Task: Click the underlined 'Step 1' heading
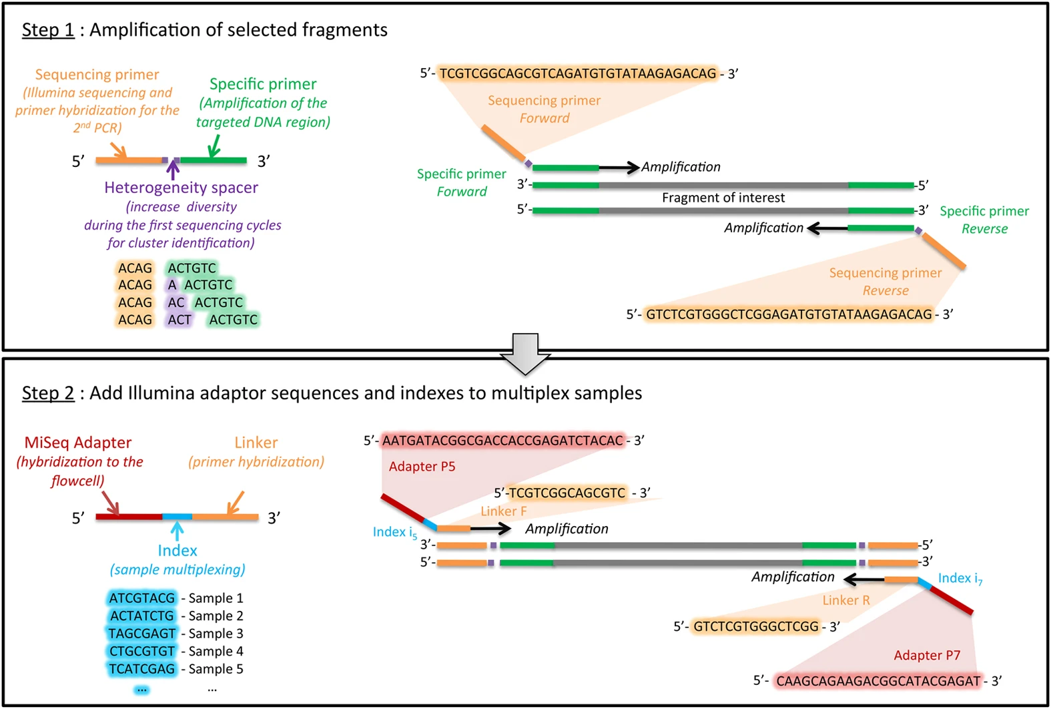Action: tap(48, 30)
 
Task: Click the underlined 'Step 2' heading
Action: tap(48, 393)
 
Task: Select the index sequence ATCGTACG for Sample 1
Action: tap(142, 598)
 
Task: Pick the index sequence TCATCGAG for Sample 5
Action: tap(142, 669)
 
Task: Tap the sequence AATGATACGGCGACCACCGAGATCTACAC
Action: tap(502, 441)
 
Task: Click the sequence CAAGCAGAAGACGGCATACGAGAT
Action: tap(878, 681)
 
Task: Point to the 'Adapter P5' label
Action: tap(422, 467)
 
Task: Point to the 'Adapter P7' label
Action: tap(927, 656)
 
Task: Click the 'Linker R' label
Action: tap(846, 600)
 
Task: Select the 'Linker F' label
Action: tap(504, 511)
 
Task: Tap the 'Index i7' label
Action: tap(960, 578)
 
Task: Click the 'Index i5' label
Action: tap(394, 532)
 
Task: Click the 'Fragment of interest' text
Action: tap(723, 198)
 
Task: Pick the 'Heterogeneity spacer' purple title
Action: tap(181, 188)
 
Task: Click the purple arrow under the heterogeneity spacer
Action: tap(173, 170)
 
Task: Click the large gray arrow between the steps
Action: tap(525, 354)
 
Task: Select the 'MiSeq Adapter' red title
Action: tap(78, 443)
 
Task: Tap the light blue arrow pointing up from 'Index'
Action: tap(177, 531)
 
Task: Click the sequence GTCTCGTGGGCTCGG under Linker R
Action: tap(755, 626)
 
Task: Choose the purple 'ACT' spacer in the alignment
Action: tap(180, 320)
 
